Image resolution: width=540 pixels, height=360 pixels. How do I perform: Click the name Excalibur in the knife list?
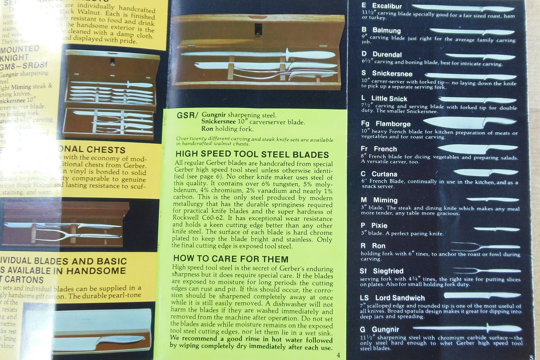(x=387, y=6)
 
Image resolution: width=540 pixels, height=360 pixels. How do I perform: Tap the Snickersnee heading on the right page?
(x=392, y=74)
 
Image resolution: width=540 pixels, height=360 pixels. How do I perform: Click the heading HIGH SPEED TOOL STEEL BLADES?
(x=252, y=154)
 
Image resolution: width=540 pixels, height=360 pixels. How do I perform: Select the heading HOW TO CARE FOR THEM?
(x=231, y=259)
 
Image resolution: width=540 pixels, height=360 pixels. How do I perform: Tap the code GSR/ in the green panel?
(x=187, y=116)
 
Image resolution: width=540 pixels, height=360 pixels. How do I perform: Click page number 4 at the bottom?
(x=338, y=355)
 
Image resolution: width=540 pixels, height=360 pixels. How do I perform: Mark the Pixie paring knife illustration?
(x=496, y=229)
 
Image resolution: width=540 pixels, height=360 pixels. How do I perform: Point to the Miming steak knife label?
(x=385, y=200)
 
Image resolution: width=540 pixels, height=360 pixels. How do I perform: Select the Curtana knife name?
(x=384, y=174)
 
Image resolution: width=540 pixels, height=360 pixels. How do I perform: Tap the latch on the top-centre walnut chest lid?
(x=258, y=31)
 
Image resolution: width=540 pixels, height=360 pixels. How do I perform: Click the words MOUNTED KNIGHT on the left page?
(x=20, y=53)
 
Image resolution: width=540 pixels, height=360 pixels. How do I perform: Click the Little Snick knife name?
(x=389, y=99)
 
